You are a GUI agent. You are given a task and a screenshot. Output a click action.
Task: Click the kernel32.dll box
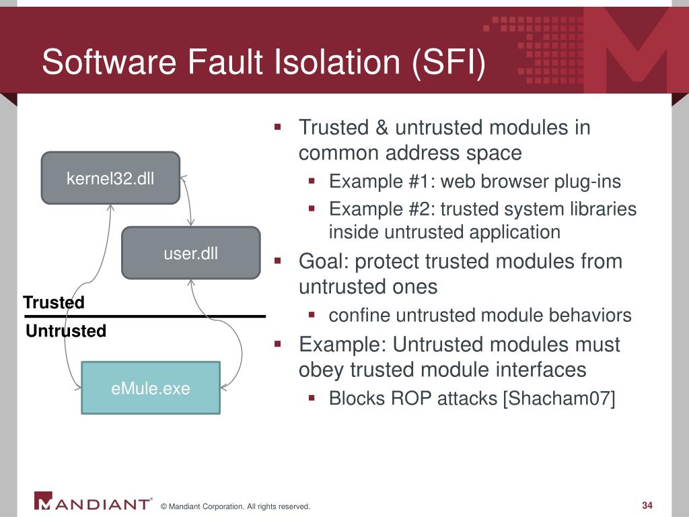click(x=110, y=178)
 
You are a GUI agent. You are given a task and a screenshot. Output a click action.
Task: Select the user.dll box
click(x=190, y=253)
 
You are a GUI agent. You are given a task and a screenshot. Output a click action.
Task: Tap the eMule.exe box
click(x=151, y=388)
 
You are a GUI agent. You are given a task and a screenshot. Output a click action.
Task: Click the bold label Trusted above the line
click(x=54, y=303)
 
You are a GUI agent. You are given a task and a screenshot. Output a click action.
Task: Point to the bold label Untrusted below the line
click(x=66, y=331)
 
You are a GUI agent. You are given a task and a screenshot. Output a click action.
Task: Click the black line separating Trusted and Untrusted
click(x=145, y=316)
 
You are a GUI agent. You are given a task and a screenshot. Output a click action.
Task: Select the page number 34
click(x=648, y=506)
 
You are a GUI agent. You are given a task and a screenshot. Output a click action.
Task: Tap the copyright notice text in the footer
click(x=235, y=506)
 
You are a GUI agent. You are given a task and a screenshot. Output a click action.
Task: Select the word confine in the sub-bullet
click(x=359, y=316)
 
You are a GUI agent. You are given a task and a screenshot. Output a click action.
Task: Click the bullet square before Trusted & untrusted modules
click(x=277, y=127)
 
